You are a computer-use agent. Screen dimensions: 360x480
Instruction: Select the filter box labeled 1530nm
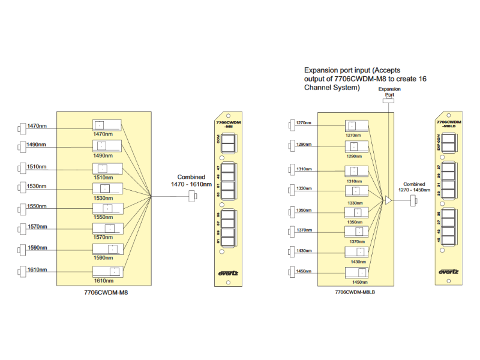point(107,188)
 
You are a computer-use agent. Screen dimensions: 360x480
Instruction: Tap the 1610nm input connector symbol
point(23,270)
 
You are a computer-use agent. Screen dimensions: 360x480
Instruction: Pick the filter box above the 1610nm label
point(107,271)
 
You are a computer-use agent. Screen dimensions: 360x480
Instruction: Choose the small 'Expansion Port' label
point(389,91)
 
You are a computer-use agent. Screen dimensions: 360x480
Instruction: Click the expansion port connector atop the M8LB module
point(389,102)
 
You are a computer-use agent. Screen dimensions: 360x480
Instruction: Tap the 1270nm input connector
point(292,123)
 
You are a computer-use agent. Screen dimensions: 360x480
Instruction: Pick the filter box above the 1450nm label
point(356,272)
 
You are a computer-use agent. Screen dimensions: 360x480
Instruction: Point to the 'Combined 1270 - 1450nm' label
point(414,187)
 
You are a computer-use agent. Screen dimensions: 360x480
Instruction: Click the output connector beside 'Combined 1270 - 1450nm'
point(414,202)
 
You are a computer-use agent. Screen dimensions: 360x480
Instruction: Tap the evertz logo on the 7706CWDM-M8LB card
point(449,271)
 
